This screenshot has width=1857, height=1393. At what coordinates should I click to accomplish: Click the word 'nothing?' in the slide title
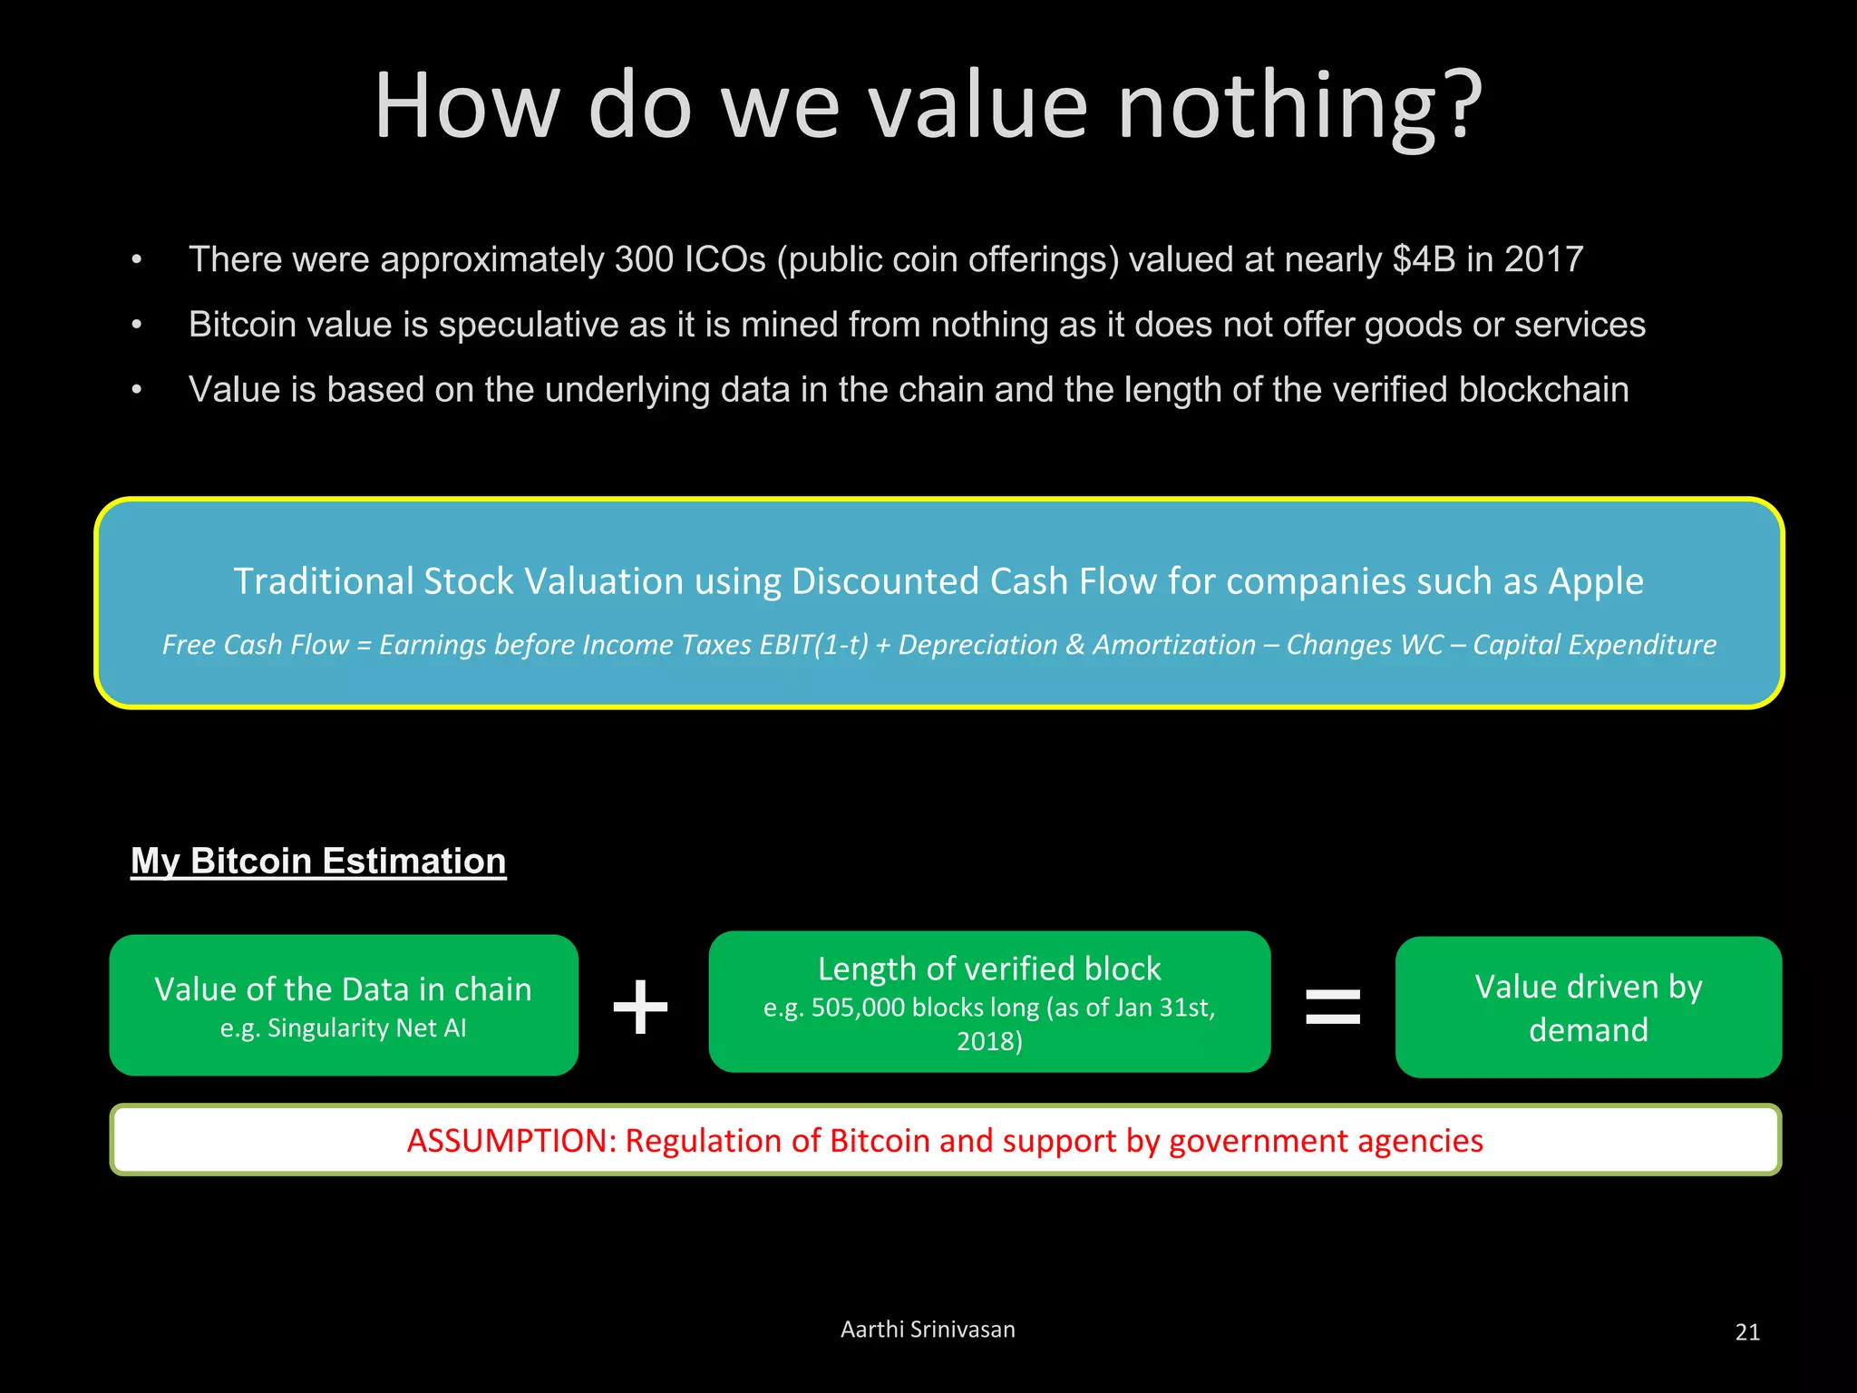click(1299, 107)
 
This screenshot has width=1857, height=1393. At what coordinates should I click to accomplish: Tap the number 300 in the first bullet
click(644, 260)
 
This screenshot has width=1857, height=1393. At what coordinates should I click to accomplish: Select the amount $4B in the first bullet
click(1424, 260)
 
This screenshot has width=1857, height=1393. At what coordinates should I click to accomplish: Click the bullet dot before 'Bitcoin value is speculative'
click(137, 325)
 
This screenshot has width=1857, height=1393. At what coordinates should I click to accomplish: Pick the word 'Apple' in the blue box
click(1595, 581)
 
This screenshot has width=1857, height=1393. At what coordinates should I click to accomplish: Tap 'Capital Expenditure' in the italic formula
click(1594, 645)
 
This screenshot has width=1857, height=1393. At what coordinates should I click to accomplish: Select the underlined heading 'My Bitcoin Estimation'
click(318, 861)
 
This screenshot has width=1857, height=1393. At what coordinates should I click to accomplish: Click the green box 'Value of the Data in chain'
click(344, 1005)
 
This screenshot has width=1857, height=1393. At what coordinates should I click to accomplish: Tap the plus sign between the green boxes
click(641, 1007)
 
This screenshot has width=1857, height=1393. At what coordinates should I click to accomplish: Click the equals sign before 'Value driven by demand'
click(1333, 1007)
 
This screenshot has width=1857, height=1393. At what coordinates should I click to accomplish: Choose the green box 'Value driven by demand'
click(1589, 1008)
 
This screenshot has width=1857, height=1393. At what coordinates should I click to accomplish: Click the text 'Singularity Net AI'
click(366, 1028)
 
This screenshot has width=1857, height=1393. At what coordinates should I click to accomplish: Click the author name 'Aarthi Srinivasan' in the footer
click(928, 1330)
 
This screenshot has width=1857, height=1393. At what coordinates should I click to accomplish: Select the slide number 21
click(1747, 1332)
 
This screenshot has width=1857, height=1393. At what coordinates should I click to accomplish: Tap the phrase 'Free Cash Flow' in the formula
click(255, 645)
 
